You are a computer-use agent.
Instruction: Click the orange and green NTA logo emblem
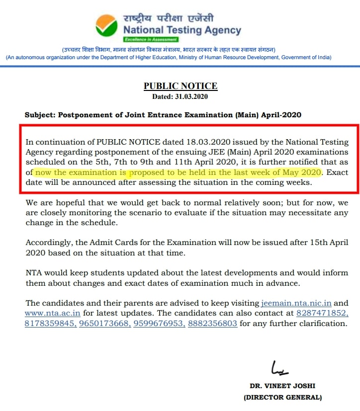[x=108, y=27]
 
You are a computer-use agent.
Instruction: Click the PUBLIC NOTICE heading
[x=180, y=86]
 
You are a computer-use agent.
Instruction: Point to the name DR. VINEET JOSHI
[x=282, y=386]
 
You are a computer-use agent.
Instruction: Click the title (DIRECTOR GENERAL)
[x=282, y=397]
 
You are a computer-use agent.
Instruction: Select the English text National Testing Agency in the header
[x=182, y=30]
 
